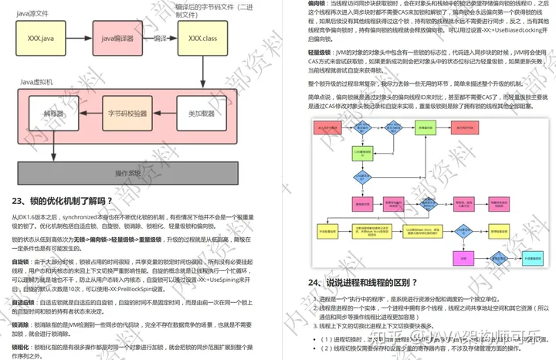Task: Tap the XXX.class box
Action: coord(202,37)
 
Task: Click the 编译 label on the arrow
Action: coord(161,36)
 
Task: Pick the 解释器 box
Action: coord(53,114)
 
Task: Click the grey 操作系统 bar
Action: coord(128,172)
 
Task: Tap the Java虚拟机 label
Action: coord(39,81)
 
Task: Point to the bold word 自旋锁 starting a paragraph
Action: coord(21,262)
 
